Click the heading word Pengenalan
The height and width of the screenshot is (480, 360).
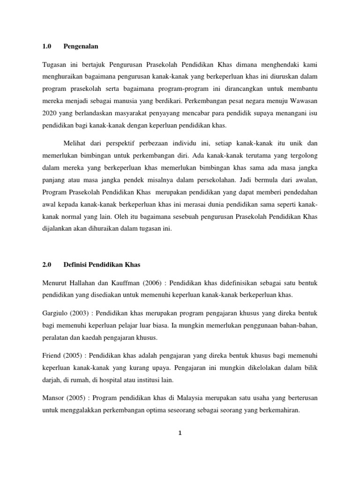(81, 46)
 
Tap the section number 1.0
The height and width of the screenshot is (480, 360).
(46, 46)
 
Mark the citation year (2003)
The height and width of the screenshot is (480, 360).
(82, 312)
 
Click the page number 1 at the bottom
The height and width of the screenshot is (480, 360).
(180, 433)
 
